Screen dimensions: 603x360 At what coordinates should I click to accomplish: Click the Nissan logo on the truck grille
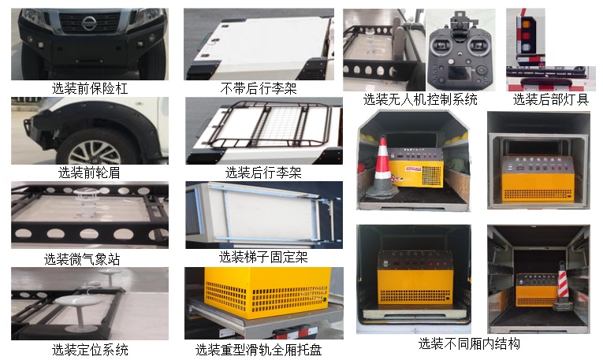click(88, 23)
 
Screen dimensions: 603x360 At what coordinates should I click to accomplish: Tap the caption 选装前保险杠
click(90, 88)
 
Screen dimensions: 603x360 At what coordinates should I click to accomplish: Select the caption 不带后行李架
click(259, 88)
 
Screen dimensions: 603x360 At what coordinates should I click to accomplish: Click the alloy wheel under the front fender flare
click(95, 152)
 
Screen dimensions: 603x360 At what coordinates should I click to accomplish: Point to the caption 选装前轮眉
click(89, 173)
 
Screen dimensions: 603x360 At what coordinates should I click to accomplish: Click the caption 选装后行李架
click(263, 173)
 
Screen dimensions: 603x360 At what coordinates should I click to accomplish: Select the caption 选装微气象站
click(82, 259)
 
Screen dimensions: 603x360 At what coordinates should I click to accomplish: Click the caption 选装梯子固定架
click(263, 257)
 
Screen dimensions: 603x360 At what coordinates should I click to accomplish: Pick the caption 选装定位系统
click(90, 350)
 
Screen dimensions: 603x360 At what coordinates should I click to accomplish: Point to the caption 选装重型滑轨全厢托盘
click(259, 350)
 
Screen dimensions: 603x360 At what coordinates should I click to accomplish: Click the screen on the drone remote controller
click(459, 72)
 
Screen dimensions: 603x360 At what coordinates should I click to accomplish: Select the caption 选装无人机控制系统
click(420, 99)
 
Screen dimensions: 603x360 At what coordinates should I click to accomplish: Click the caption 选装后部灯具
click(551, 99)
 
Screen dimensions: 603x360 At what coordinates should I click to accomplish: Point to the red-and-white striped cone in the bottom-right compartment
click(563, 285)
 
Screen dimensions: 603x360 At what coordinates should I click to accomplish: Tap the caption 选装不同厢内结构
click(469, 343)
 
